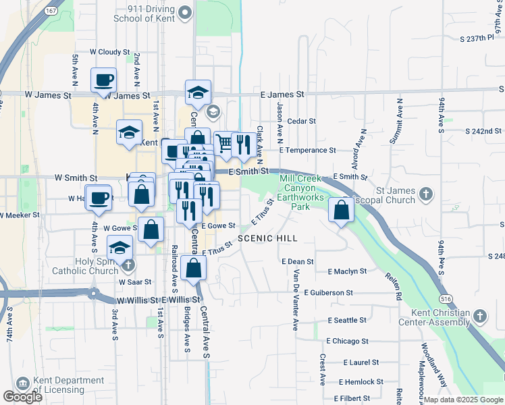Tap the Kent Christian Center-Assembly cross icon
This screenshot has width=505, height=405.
[x=479, y=316]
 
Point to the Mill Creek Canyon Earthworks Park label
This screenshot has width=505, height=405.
[x=294, y=192]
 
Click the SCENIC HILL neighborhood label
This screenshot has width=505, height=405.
[x=267, y=238]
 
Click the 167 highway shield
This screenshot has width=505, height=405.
[x=51, y=11]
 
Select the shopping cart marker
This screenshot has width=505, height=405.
[x=224, y=143]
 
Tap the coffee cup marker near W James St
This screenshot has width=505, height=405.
[x=103, y=80]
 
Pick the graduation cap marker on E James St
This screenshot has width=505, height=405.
[x=198, y=92]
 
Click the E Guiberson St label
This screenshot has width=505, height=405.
[x=328, y=293]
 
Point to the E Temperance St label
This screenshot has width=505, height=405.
[x=307, y=151]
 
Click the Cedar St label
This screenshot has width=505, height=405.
[x=302, y=122]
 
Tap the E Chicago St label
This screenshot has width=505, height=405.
[x=347, y=342]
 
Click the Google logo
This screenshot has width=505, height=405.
[x=23, y=397]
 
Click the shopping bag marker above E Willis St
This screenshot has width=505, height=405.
[x=194, y=268]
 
